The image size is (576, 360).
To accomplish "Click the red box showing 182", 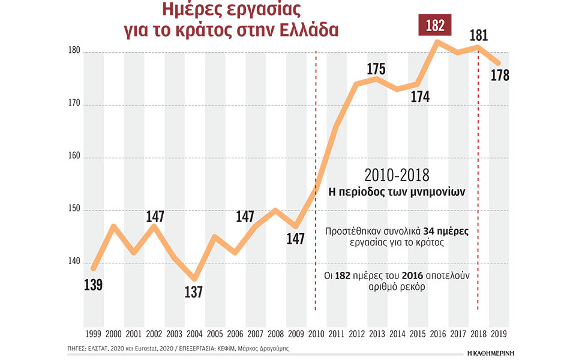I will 434,26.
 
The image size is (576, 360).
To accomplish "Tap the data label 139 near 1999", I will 93,284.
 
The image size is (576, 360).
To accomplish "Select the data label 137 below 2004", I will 194,292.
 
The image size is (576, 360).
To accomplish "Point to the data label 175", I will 376,68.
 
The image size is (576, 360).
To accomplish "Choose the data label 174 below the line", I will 420,97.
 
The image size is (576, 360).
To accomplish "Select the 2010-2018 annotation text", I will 397,175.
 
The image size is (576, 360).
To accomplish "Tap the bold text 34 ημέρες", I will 449,231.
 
